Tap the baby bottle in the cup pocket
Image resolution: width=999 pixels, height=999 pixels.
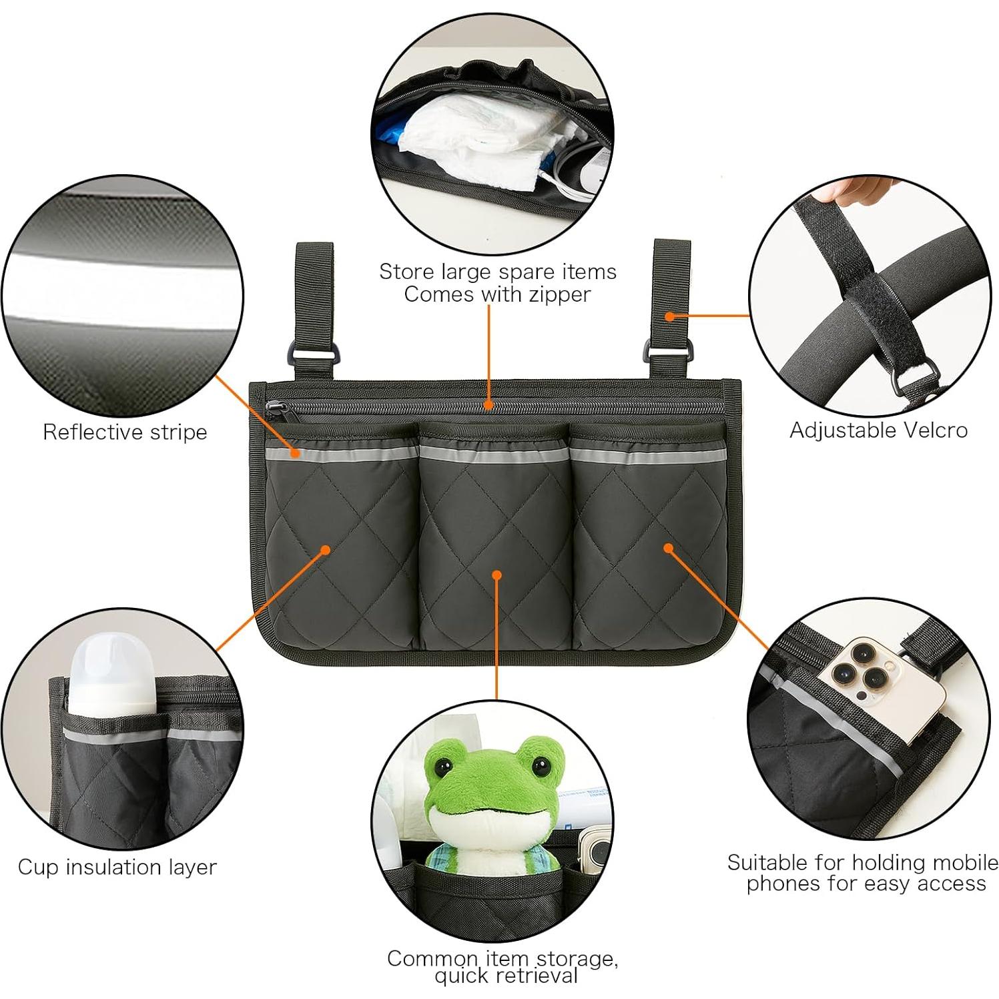coord(112,674)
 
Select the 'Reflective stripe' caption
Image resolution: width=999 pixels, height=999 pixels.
coord(125,432)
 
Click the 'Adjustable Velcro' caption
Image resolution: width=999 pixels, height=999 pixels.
coord(878,430)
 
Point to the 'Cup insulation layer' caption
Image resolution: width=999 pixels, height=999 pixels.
coord(117,867)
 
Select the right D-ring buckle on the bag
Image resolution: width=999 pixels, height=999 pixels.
coord(653,352)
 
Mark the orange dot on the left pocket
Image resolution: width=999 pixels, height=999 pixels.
coord(325,550)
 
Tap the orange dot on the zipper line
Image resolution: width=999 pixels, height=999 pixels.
coord(489,404)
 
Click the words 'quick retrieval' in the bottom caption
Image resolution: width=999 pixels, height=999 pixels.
coord(505,976)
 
